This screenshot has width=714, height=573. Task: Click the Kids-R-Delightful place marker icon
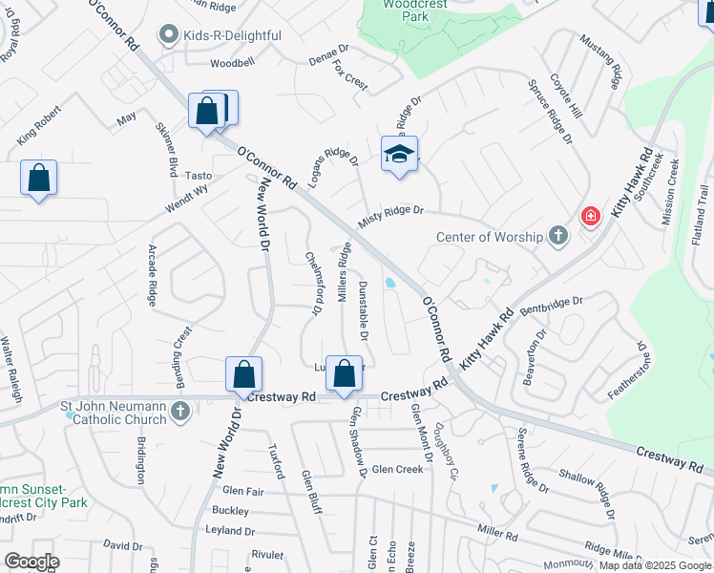[x=170, y=35]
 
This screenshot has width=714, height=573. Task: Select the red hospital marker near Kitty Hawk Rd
[x=590, y=217]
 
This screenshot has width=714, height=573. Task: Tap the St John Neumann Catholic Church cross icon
[x=179, y=411]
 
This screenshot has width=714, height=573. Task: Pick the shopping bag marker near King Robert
[x=38, y=179]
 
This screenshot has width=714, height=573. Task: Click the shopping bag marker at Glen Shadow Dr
[x=346, y=376]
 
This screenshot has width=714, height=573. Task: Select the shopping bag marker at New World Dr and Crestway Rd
[x=243, y=375]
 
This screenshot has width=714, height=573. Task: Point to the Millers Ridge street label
[x=345, y=273]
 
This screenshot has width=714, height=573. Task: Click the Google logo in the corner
[x=31, y=562]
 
